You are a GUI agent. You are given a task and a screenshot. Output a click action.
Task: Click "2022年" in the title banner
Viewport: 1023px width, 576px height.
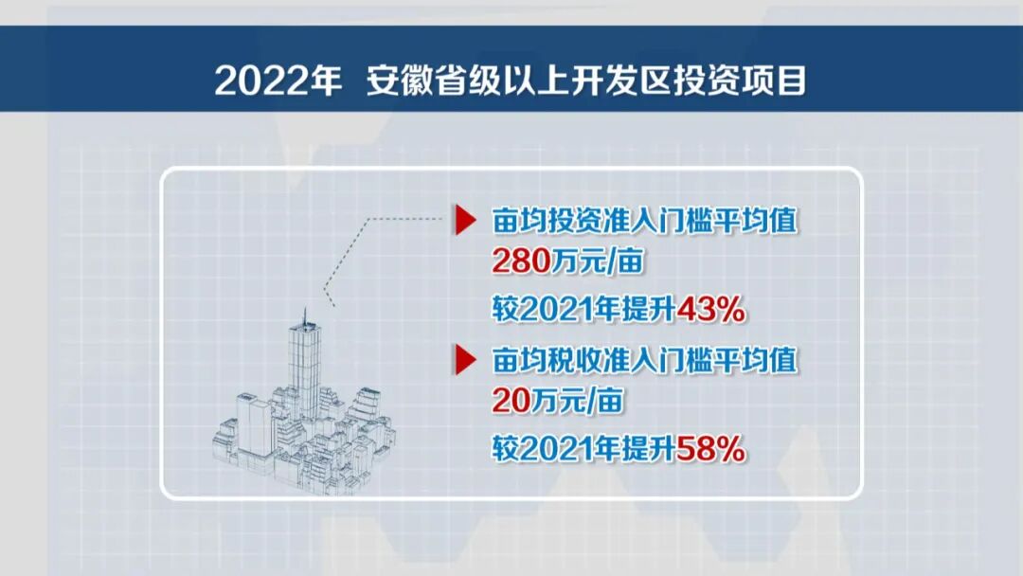point(278,81)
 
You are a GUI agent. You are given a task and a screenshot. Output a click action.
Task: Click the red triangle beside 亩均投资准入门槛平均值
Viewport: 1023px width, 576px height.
point(465,222)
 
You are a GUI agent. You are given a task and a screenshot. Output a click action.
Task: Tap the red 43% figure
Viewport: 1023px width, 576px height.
point(702,309)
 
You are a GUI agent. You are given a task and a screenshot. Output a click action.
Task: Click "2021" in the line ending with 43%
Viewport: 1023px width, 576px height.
point(553,310)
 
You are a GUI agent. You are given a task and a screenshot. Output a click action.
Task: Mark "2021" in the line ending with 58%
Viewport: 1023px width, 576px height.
point(553,449)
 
